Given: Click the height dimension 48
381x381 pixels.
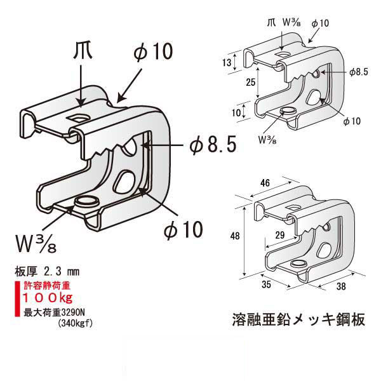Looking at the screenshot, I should coord(234,236).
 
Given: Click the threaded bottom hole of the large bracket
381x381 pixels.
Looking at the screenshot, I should coord(84,203).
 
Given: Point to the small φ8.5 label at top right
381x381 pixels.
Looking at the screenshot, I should coord(359,72).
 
